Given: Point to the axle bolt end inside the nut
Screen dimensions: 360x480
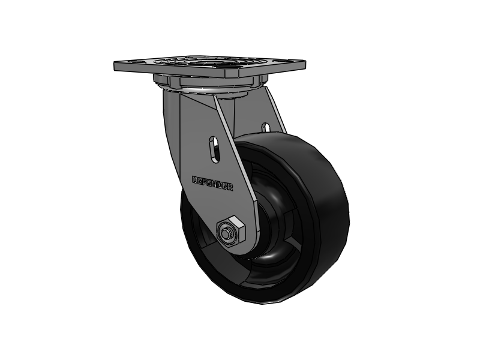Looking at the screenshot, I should [x=227, y=232].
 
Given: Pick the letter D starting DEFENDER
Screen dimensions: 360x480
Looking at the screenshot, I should [x=194, y=178].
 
